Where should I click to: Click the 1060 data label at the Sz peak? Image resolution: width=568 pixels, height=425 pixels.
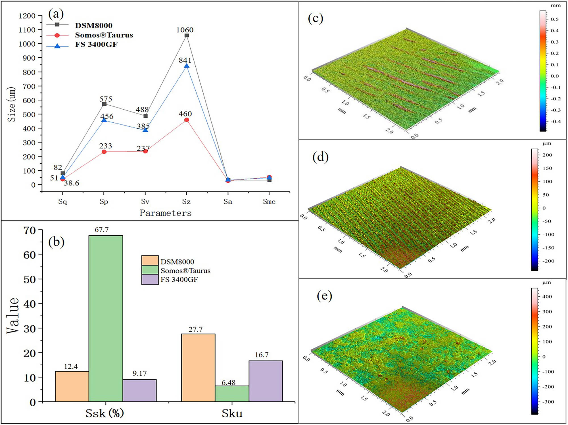pyautogui.click(x=185, y=30)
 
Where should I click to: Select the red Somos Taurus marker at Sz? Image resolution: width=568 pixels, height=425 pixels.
pyautogui.click(x=187, y=120)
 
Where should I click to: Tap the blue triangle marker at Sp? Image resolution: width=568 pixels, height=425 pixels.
pyautogui.click(x=104, y=120)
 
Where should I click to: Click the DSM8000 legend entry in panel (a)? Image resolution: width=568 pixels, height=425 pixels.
pyautogui.click(x=93, y=26)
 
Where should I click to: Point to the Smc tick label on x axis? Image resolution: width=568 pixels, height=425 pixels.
pyautogui.click(x=269, y=202)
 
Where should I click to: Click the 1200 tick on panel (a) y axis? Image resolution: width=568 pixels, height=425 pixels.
pyautogui.click(x=27, y=16)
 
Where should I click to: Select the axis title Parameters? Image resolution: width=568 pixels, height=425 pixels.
pyautogui.click(x=166, y=213)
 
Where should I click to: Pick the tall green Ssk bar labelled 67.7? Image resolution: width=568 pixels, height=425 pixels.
pyautogui.click(x=106, y=318)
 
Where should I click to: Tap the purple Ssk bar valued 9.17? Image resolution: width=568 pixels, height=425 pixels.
pyautogui.click(x=139, y=390)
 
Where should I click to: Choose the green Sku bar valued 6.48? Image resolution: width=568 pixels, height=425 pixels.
pyautogui.click(x=232, y=393)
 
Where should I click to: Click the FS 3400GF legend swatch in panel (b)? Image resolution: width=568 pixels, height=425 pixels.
pyautogui.click(x=150, y=280)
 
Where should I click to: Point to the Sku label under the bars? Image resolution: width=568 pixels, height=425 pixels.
pyautogui.click(x=232, y=413)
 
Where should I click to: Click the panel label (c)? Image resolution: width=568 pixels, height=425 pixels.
pyautogui.click(x=316, y=18)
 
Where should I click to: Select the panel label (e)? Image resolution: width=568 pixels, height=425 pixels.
pyautogui.click(x=324, y=296)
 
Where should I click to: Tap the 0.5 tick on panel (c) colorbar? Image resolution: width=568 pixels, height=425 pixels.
pyautogui.click(x=554, y=19)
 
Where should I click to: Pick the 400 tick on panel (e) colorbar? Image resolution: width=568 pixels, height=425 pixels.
pyautogui.click(x=547, y=296)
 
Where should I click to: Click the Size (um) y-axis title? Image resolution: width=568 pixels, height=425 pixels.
pyautogui.click(x=11, y=104)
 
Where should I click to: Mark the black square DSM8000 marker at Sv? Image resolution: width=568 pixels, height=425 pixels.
pyautogui.click(x=145, y=116)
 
